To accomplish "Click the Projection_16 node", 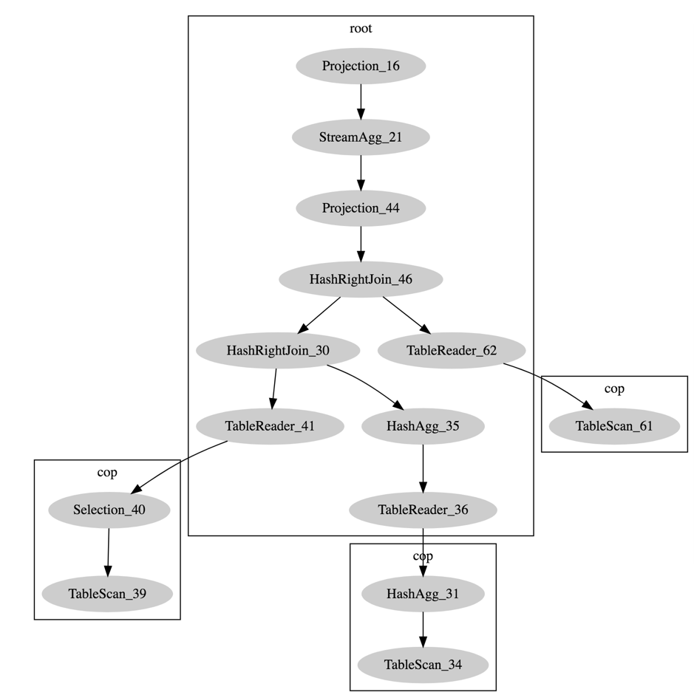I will (361, 66).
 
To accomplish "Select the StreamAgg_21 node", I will (361, 137).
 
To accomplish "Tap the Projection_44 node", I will (361, 208).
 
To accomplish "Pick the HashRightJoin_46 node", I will (361, 279).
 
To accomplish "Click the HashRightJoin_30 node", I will (278, 350).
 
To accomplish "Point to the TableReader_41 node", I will (270, 426).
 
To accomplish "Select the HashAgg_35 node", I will (423, 426).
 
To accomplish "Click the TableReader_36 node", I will (423, 510).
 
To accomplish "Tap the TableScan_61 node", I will (614, 426).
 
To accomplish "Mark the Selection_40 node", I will (109, 510).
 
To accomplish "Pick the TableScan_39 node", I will (107, 593).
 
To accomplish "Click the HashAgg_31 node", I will (423, 593).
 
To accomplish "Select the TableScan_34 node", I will (423, 665).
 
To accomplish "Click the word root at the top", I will (361, 29).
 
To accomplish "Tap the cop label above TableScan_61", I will (614, 389).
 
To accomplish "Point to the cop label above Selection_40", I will (107, 473).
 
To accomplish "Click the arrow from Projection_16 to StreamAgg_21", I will (361, 102).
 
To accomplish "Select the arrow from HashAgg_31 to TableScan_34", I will (423, 629).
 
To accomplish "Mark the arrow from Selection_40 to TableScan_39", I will (108, 552).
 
